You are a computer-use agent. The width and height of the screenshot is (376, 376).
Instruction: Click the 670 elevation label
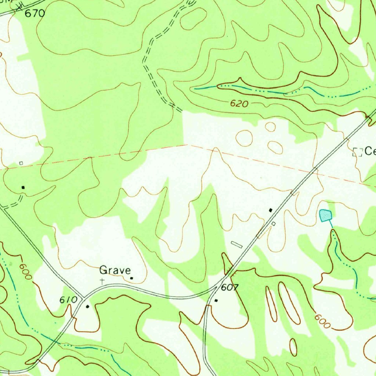click(35, 14)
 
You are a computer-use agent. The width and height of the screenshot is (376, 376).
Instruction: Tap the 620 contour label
click(239, 104)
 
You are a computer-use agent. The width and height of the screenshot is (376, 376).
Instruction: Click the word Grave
click(115, 271)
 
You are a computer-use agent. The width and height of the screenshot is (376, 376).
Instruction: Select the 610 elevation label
click(69, 300)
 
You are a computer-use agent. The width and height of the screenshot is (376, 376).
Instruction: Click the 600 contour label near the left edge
click(26, 272)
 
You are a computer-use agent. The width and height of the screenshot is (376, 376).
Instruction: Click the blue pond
click(325, 215)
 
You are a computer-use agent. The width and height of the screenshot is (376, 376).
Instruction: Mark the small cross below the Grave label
click(102, 281)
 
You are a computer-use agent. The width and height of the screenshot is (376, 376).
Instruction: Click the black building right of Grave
click(131, 278)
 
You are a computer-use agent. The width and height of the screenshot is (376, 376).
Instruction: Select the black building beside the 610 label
click(87, 306)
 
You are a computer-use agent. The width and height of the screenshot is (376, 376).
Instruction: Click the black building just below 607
click(216, 300)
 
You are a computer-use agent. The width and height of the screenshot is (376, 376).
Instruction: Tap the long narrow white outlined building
click(237, 244)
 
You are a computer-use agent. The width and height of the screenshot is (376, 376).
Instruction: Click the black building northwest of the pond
click(271, 210)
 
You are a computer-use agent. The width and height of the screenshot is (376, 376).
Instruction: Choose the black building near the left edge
click(23, 187)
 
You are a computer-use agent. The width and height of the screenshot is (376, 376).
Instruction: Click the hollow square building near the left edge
click(21, 163)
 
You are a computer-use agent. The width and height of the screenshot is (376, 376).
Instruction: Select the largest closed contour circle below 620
click(244, 138)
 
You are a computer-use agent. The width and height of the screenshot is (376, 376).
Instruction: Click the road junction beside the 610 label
click(83, 297)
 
